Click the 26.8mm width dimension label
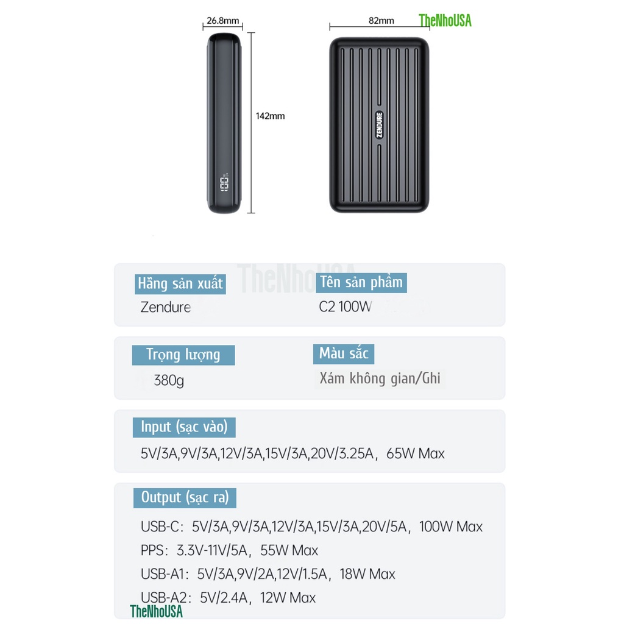(222, 20)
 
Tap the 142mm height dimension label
(270, 116)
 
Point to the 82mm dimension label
(381, 20)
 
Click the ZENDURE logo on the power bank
(379, 125)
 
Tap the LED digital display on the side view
(224, 184)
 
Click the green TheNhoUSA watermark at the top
(445, 21)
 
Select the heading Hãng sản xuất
(180, 284)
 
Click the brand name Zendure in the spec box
(166, 307)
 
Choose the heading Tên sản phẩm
(361, 283)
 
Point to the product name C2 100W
(345, 307)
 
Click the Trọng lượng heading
(183, 355)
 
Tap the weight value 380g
(169, 380)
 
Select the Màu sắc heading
(344, 354)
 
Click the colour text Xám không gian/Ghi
(380, 378)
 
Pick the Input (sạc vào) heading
(184, 427)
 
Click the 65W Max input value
(416, 453)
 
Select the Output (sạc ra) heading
(185, 498)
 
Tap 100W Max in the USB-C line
(451, 526)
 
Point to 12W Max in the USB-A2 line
(288, 598)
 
